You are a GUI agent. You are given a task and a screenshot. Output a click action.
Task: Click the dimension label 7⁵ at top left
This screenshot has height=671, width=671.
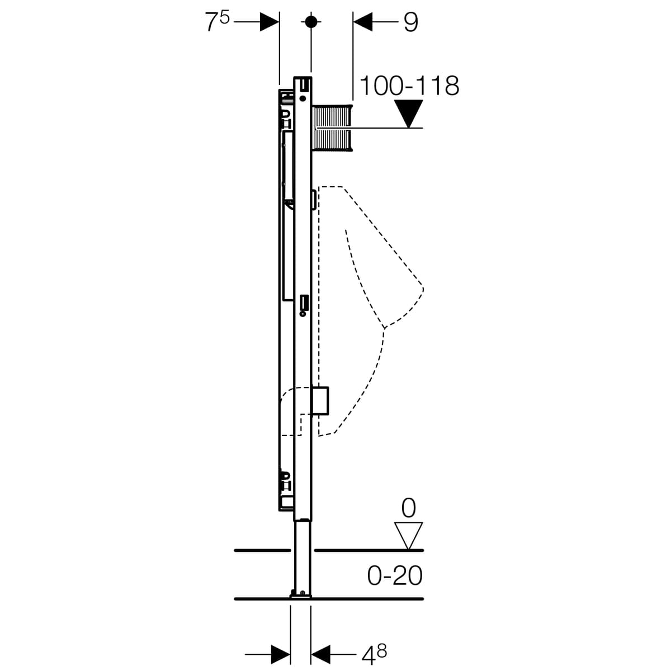pos(217,22)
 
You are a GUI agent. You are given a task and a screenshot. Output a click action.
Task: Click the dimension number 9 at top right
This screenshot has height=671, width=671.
pos(411,22)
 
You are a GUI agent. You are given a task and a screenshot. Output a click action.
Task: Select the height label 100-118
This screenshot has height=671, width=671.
pos(409,86)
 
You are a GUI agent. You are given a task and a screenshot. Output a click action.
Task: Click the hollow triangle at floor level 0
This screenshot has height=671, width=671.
pos(408,536)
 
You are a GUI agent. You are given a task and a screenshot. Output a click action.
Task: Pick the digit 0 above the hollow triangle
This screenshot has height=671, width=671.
pos(408,508)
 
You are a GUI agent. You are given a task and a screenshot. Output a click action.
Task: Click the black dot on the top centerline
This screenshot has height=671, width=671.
pos(311,22)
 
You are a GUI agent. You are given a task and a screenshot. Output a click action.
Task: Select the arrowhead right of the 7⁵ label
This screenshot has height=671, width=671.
pos(270,22)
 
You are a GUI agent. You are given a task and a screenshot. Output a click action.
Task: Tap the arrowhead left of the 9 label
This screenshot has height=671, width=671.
pos(363,22)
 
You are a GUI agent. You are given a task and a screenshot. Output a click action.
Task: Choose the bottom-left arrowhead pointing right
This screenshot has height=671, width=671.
pos(281,654)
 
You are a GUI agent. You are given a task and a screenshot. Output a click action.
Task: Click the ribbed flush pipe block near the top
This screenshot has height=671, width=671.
pos(332,128)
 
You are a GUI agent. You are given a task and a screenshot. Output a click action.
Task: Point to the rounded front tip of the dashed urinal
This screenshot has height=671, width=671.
pos(422,289)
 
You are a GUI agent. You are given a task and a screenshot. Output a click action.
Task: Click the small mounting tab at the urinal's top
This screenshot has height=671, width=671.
pos(314,200)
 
